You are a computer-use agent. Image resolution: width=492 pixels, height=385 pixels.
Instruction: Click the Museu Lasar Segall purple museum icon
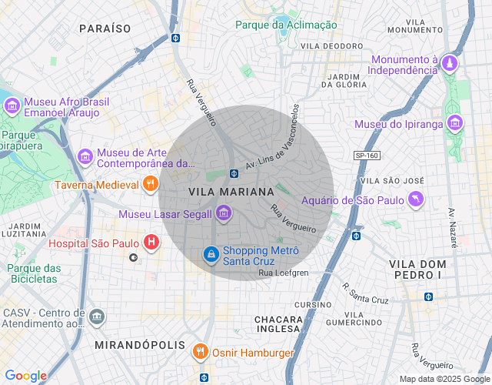pos(224,213)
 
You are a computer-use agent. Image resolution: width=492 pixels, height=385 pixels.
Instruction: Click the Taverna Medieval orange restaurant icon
pos(150,185)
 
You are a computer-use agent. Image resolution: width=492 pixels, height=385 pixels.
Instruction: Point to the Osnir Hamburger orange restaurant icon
pos(201,353)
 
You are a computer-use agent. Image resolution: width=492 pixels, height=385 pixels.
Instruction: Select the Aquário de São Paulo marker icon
pos(417,200)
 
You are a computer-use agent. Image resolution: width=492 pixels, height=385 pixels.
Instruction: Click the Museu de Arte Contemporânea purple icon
pos(85,157)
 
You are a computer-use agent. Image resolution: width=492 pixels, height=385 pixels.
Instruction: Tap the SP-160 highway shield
pos(367,156)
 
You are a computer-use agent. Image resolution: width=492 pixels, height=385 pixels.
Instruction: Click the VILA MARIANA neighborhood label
pos(231,191)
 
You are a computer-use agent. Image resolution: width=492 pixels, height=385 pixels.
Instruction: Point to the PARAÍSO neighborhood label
pos(105,28)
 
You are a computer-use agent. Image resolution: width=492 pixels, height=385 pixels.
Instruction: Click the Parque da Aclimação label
pos(286,25)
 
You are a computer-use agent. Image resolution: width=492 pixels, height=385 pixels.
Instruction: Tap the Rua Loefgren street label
pos(283,273)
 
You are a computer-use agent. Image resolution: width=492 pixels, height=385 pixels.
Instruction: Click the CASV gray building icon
pos(97,316)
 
